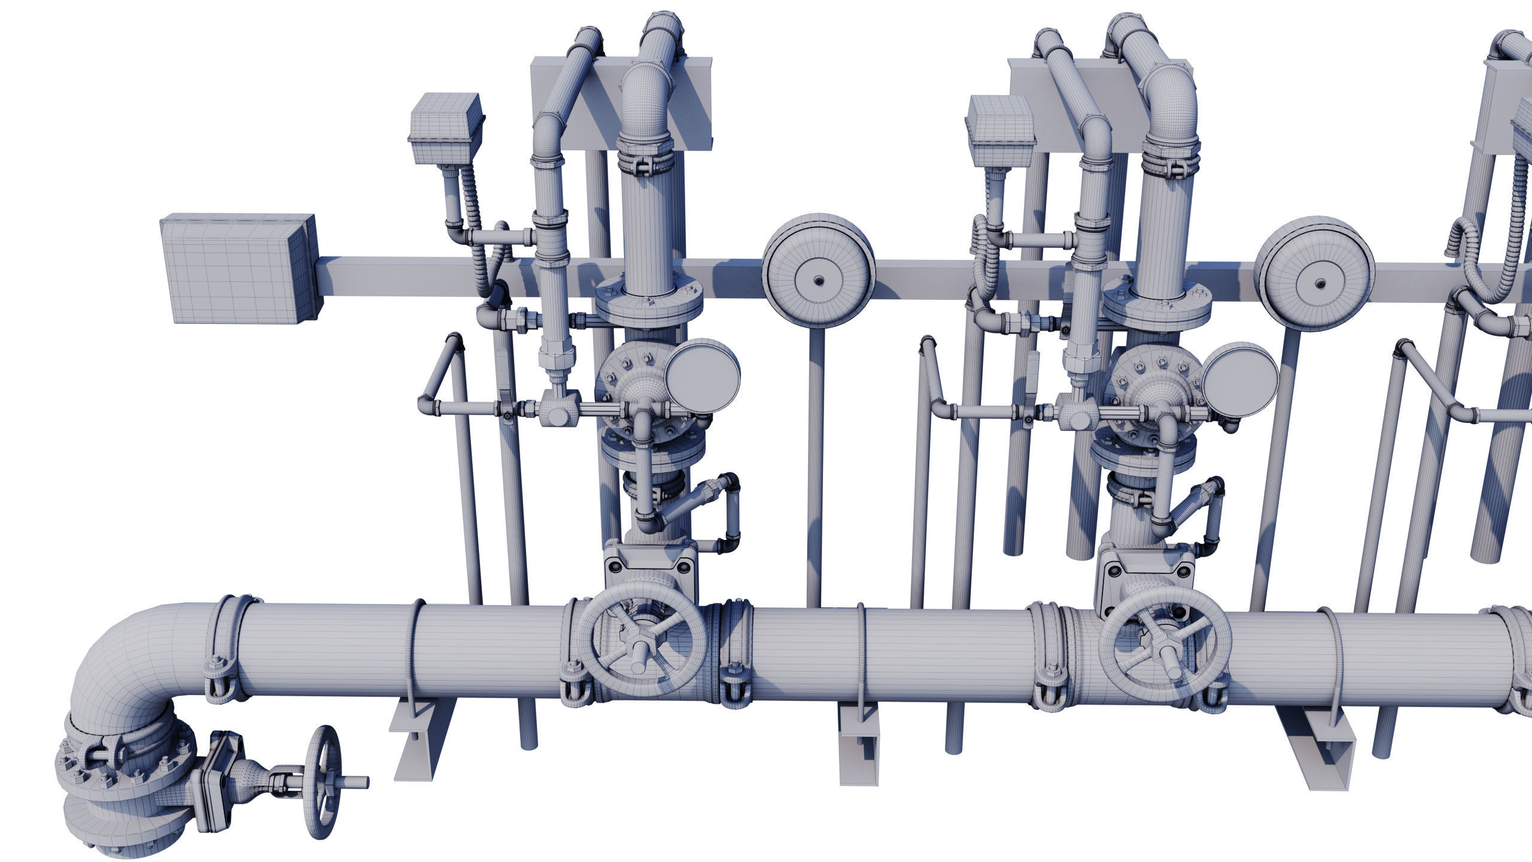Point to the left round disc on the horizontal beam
click(x=818, y=280)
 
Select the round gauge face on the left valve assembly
click(x=701, y=377)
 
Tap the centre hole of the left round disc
click(x=818, y=281)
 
